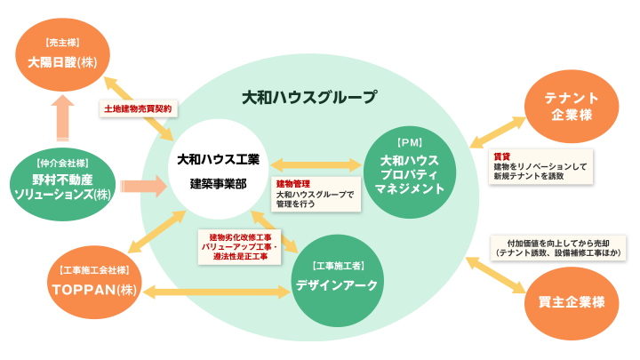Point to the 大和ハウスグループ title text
coord(308,96)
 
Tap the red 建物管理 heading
coord(292,184)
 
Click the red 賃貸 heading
coord(501,156)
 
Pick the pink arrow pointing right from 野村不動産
coord(142,186)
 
